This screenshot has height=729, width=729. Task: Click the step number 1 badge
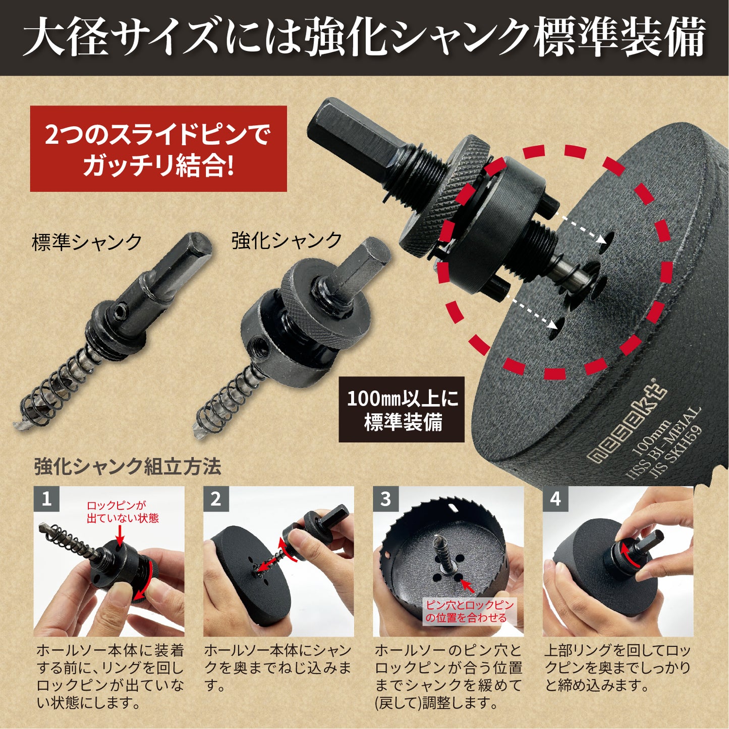[x=46, y=499]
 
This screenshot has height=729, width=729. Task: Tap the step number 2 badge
[x=216, y=499]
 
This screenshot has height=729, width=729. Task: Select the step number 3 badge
[x=385, y=499]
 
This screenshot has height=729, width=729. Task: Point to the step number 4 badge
[x=555, y=499]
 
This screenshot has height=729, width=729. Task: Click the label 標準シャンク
[x=87, y=242]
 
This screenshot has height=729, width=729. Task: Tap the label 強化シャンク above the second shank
[x=287, y=240]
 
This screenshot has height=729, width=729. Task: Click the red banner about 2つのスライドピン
[x=158, y=149]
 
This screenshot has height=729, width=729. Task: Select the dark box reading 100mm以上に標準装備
[x=402, y=410]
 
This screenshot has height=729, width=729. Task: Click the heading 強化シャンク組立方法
[x=128, y=467]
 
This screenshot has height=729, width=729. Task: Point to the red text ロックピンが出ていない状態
[x=123, y=512]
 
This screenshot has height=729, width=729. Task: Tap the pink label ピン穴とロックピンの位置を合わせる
[x=469, y=611]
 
